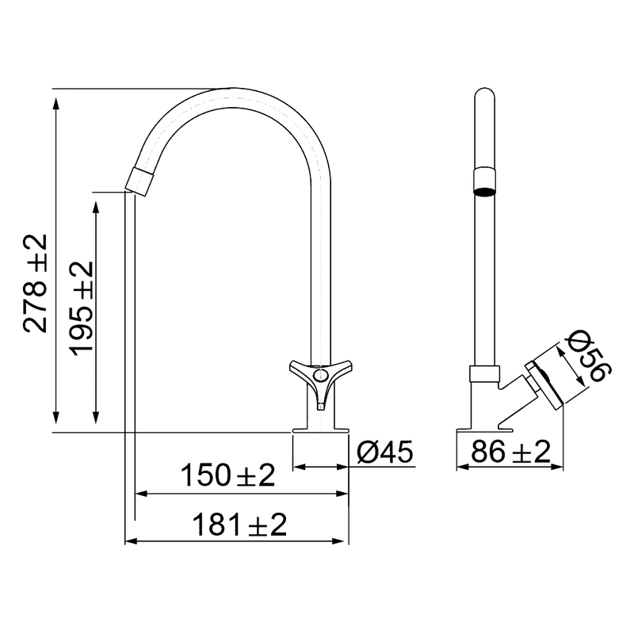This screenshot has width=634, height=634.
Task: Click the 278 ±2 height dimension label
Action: point(36,283)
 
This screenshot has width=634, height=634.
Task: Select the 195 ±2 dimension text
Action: point(81,308)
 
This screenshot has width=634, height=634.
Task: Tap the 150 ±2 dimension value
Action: point(227,475)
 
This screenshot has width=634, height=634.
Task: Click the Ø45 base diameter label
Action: point(385,453)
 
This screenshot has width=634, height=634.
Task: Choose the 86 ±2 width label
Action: point(510,453)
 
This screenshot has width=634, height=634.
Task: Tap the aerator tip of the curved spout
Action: point(140,181)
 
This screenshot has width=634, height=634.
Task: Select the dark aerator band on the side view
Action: point(484,189)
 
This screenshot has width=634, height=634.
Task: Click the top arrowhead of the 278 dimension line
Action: point(55,95)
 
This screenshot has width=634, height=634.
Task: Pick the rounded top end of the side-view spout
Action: point(484,94)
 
